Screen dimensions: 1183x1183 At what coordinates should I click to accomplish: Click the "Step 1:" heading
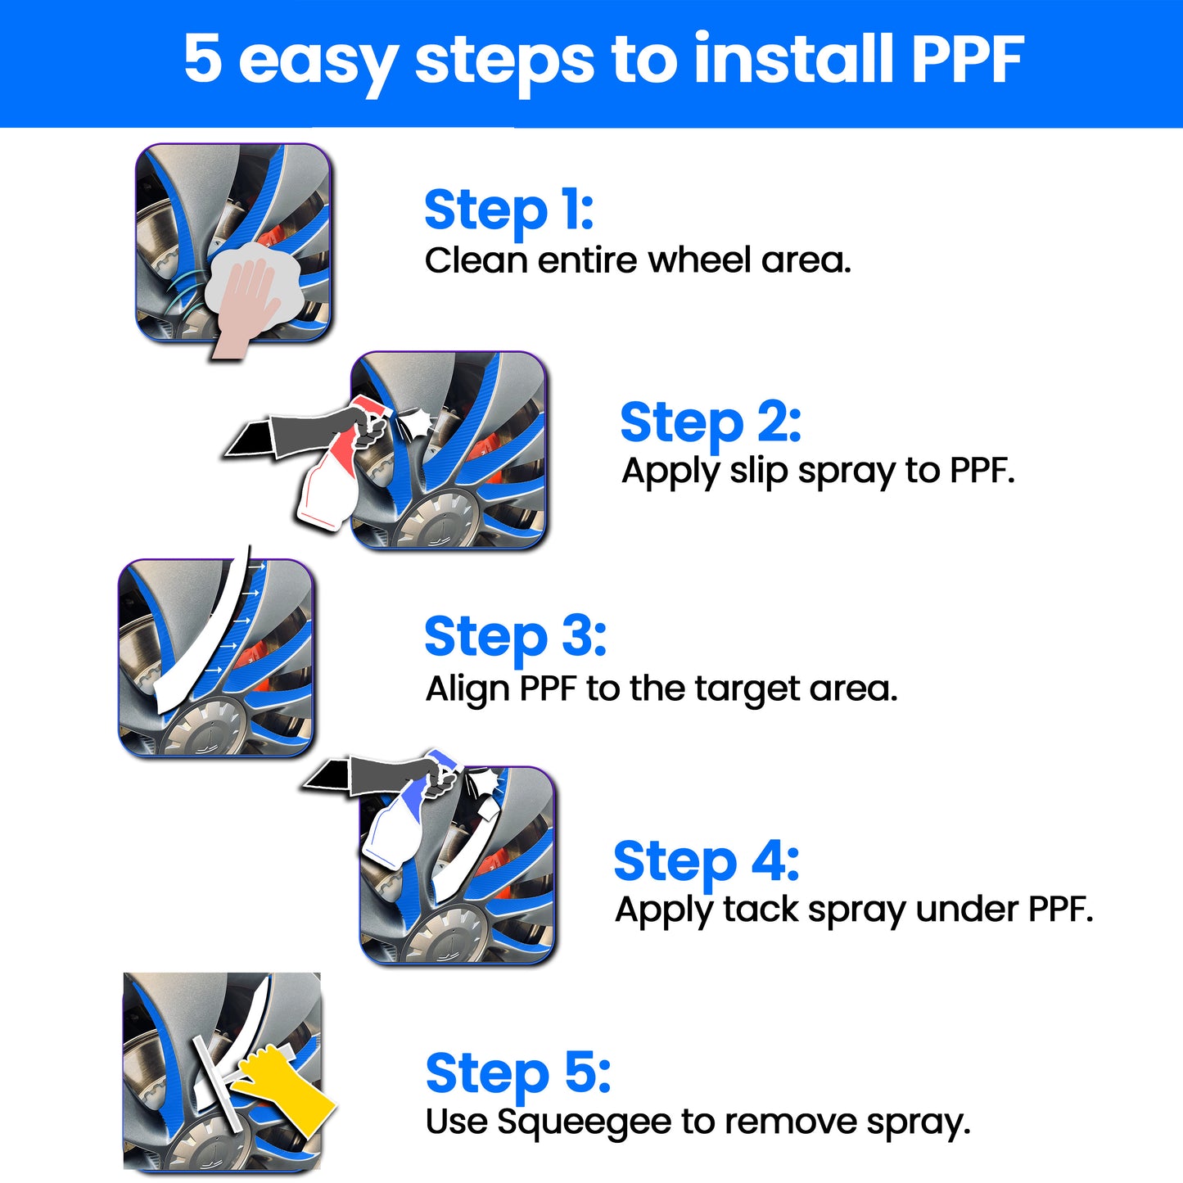[x=509, y=211]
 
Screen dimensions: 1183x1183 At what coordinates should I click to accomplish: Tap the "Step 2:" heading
[x=711, y=423]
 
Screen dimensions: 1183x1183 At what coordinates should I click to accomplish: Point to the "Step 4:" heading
[x=706, y=862]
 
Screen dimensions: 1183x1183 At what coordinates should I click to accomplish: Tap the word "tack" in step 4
[x=761, y=909]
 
